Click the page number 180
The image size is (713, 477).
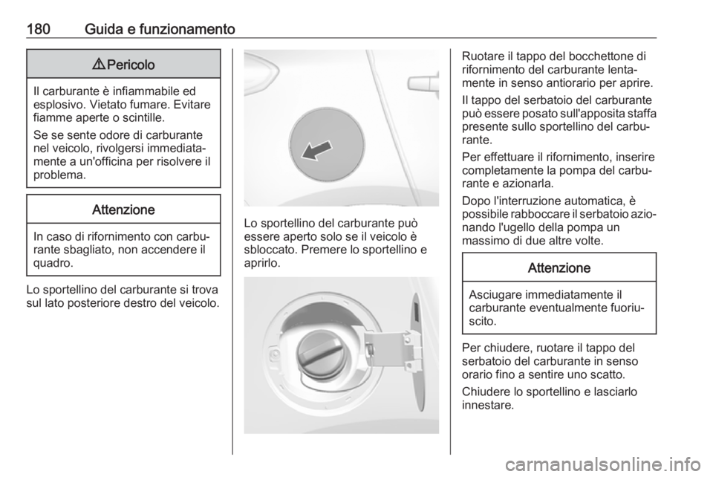tap(38, 29)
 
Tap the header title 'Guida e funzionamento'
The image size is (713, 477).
tap(160, 29)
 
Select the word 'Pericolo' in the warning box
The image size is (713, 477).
tap(131, 65)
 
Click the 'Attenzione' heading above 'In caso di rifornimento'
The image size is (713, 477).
tap(123, 210)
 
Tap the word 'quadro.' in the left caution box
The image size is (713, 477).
tap(53, 263)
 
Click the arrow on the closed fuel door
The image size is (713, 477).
tap(317, 150)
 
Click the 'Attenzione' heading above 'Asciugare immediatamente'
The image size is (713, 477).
tap(559, 267)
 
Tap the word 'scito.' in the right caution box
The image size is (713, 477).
tap(483, 321)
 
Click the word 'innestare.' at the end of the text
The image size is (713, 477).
tap(488, 405)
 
